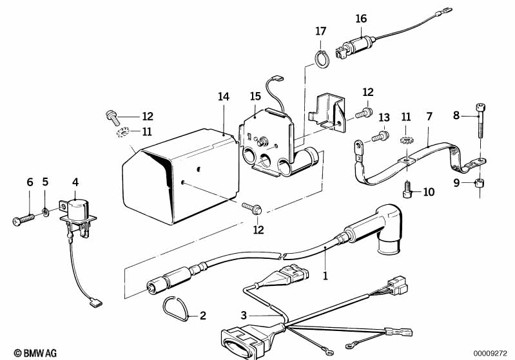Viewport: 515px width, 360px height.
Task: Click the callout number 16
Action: [x=361, y=19]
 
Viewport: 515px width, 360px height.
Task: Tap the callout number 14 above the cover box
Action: [x=224, y=97]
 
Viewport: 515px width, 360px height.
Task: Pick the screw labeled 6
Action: [x=23, y=219]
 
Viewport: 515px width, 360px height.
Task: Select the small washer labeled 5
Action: [x=46, y=211]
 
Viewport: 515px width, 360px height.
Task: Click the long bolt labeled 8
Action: [x=480, y=121]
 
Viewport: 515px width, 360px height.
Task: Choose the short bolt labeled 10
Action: [x=407, y=191]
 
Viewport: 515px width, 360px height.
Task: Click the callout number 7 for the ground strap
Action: [x=429, y=117]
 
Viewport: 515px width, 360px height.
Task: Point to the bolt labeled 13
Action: [x=380, y=136]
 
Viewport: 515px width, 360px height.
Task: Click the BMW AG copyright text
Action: [x=35, y=353]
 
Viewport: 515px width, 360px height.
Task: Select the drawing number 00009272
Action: [x=490, y=354]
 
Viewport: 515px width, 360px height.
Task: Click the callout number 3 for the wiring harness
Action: [x=244, y=316]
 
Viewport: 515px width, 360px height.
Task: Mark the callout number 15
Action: [x=255, y=96]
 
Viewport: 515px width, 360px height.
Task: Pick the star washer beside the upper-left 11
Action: [x=123, y=133]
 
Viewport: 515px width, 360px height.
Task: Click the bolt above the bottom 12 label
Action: [x=252, y=208]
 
